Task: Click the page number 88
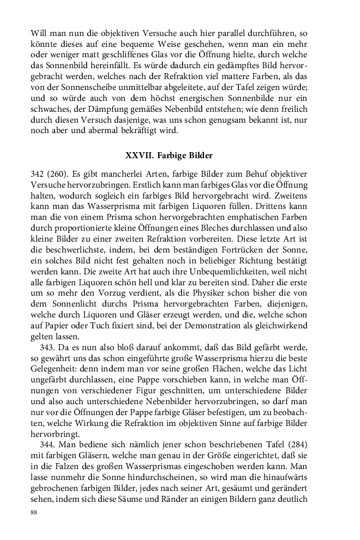34,513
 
